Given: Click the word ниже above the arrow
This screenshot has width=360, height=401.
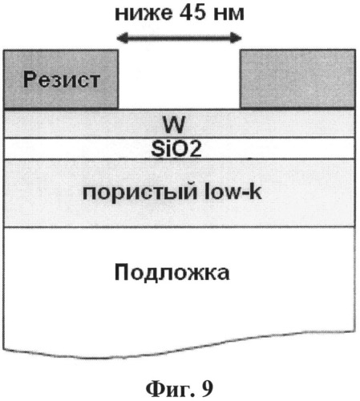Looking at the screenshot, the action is [x=144, y=14].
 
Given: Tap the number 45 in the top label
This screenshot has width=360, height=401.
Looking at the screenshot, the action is [x=192, y=13].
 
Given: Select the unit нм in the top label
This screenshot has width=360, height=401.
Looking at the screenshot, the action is [x=229, y=14].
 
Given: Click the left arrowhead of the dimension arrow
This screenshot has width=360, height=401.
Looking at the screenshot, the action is [x=122, y=38].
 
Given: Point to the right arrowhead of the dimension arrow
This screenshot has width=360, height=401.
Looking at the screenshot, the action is [x=237, y=38].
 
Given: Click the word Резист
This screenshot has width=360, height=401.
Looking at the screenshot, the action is [x=62, y=79].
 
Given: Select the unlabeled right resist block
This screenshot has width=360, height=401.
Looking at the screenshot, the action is [x=298, y=79].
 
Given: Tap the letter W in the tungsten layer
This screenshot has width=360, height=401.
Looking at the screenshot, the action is [x=174, y=124].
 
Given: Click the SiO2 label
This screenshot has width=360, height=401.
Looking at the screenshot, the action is [x=176, y=148].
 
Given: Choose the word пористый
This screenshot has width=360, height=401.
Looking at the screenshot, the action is [x=140, y=192].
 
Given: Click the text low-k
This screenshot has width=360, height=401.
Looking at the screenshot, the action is [x=233, y=191].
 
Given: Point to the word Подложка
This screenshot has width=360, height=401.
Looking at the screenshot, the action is [x=172, y=273].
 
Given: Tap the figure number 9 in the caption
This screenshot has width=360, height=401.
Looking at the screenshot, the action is [x=208, y=388].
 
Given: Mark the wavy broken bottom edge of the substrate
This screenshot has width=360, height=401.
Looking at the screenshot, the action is [x=180, y=347].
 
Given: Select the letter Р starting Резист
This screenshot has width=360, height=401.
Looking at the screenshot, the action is [x=30, y=79].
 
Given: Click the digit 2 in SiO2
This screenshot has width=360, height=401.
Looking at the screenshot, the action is [x=195, y=149].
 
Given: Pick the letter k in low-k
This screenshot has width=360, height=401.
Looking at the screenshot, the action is [x=256, y=191].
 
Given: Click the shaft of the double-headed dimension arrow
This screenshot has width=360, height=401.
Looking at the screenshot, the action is [x=180, y=38].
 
